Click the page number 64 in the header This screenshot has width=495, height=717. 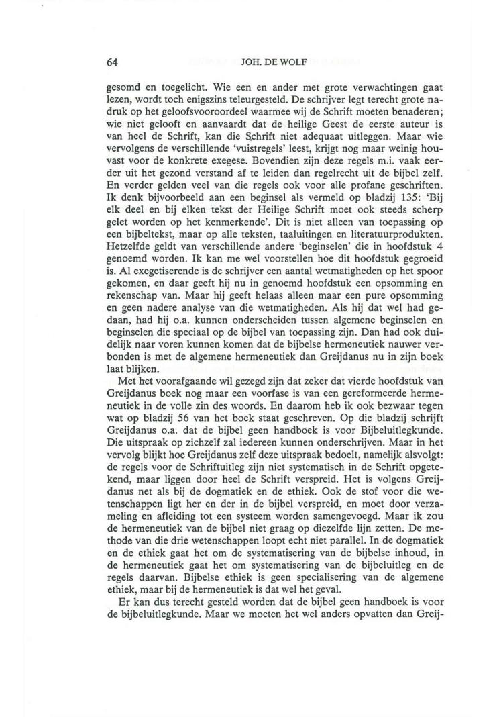point(113,63)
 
